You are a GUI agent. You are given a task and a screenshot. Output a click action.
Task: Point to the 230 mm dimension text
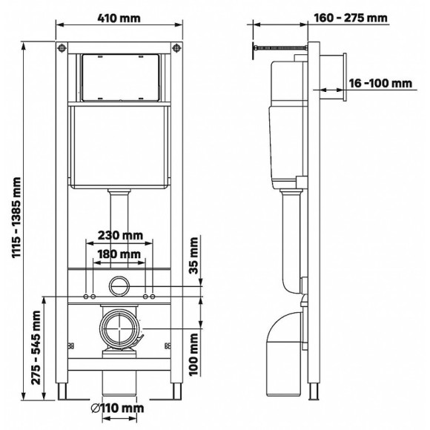pyautogui.click(x=120, y=236)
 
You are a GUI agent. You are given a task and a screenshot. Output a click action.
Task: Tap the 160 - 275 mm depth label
pyautogui.click(x=360, y=18)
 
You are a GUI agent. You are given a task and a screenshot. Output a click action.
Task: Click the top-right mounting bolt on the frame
pyautogui.click(x=177, y=49)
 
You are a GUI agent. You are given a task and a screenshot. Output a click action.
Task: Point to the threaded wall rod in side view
pyautogui.click(x=278, y=50)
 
